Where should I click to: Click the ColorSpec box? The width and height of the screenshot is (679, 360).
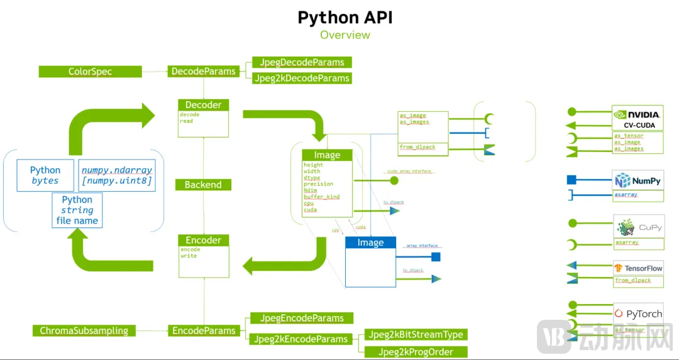click(91, 72)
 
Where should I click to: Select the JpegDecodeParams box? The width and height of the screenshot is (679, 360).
click(302, 62)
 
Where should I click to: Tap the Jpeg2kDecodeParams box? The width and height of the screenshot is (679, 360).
click(302, 78)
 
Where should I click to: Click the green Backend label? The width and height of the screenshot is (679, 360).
click(203, 185)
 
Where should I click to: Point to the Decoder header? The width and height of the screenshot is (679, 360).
click(203, 105)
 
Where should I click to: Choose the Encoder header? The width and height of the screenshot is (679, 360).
click(203, 240)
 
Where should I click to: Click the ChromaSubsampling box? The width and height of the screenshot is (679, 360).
click(84, 330)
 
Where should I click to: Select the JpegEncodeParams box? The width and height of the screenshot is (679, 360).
click(302, 318)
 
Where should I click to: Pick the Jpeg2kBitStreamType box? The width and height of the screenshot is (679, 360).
click(416, 334)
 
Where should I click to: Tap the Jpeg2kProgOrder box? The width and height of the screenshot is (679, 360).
click(416, 352)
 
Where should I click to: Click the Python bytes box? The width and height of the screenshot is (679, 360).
click(45, 175)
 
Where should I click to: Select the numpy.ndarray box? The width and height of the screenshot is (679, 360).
click(117, 175)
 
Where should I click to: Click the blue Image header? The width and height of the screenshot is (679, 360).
click(370, 243)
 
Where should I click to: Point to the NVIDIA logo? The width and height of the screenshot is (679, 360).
click(638, 114)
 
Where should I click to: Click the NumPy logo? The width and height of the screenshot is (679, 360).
click(638, 181)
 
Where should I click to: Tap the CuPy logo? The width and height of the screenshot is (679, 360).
click(638, 227)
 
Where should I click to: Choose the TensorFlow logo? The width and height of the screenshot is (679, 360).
click(638, 268)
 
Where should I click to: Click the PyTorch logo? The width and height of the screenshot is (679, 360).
click(638, 314)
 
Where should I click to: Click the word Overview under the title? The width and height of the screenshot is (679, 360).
click(345, 35)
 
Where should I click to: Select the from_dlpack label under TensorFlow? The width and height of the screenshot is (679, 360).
click(633, 280)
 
